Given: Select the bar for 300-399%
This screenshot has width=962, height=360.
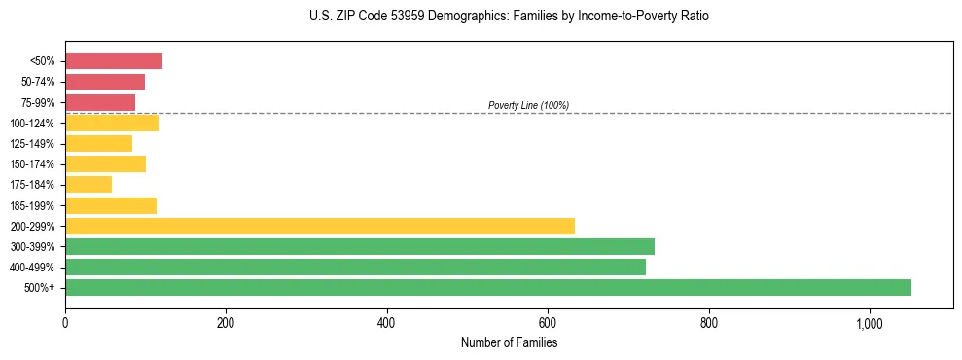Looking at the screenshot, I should (x=360, y=246).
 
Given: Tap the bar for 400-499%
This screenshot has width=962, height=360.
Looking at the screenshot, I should (x=355, y=267).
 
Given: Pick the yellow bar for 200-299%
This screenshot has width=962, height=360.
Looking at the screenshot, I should (x=320, y=226).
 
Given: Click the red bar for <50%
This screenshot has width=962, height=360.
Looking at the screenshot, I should (x=114, y=61).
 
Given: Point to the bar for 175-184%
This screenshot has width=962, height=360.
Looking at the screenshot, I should (x=89, y=185).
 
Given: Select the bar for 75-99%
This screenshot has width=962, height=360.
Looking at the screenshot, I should (x=100, y=102).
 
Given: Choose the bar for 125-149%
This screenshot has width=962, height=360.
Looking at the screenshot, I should (x=98, y=144).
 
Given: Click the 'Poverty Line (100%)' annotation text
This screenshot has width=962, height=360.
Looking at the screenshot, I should (x=528, y=105).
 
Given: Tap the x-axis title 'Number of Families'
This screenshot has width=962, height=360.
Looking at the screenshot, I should (x=509, y=342).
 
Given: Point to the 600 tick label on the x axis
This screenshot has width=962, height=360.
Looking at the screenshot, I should (x=548, y=323).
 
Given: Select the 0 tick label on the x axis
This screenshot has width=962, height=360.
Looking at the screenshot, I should (x=65, y=323).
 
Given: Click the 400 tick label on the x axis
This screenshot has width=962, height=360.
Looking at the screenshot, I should (x=387, y=323).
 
